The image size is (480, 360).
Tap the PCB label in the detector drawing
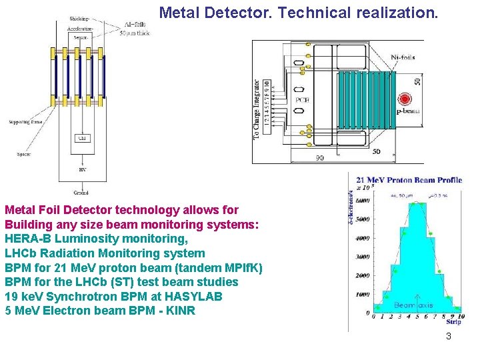tap(302, 101)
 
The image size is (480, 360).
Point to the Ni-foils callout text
tap(403, 57)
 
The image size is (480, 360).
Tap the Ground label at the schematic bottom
tap(81, 193)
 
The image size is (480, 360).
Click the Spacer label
tap(23, 154)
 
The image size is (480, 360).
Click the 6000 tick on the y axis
tap(363, 201)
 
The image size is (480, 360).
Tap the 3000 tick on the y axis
tap(363, 257)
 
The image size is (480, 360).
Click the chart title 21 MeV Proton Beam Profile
tap(409, 180)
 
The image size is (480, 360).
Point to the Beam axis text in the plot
tap(413, 305)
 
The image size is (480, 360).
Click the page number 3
tap(449, 336)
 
